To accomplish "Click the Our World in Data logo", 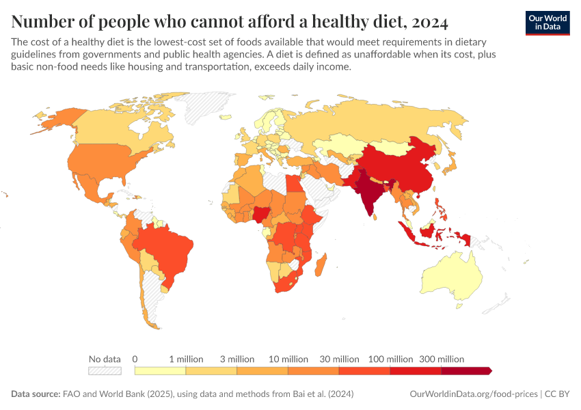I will point(547,23).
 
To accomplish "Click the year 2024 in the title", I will point(429,21).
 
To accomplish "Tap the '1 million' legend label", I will point(186,359).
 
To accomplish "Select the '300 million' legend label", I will point(442,359).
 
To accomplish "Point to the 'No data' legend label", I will point(105,359).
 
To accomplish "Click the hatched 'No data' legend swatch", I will point(105,370).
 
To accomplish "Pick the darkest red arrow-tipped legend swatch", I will point(466,370).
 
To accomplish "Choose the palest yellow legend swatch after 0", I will point(160,370).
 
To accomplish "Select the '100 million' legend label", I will point(390,359).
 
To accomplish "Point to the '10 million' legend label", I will point(288,359).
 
